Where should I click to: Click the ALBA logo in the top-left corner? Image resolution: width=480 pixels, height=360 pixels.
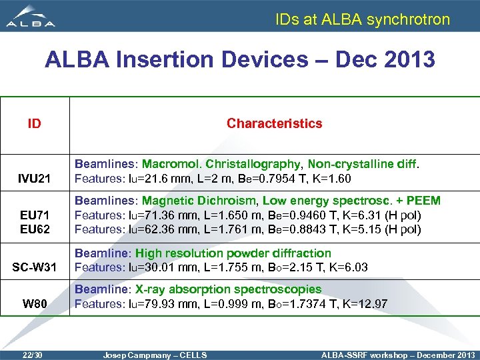coord(31,16)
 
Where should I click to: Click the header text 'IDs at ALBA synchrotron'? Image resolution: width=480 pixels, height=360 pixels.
coord(363,19)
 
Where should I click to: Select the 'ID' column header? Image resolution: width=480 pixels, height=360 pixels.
coord(34,123)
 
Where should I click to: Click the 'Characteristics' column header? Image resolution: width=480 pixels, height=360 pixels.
coord(274,123)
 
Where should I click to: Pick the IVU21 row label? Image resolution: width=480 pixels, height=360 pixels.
coord(34,179)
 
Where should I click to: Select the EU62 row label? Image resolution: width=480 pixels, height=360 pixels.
coord(34,229)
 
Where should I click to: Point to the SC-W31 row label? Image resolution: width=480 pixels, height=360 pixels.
coord(34,268)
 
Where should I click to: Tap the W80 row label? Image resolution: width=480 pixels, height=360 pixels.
coord(34,305)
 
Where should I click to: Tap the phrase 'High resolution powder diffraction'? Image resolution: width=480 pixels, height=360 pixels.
coord(233,253)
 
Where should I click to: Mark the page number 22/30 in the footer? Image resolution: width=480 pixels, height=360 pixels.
coord(32,355)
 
